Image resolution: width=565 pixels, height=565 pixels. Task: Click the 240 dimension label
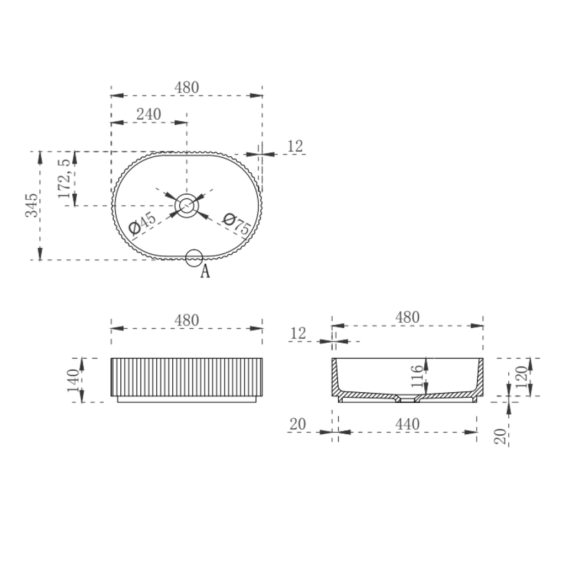148,114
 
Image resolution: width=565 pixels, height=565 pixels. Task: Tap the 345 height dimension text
31,205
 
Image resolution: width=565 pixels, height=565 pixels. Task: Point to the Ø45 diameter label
142,223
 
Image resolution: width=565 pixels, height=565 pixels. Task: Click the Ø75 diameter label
237,224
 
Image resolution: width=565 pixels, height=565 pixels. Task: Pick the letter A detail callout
205,271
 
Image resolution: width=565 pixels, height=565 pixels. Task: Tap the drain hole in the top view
186,206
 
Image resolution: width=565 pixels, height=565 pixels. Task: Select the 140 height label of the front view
73,380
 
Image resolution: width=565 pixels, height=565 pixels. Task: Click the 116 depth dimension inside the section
417,376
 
